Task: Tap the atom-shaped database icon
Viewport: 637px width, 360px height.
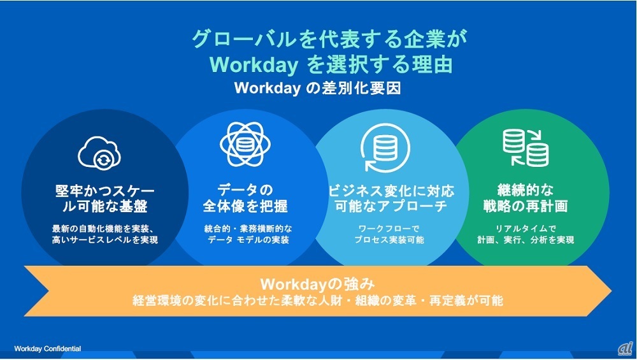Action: pos(245,144)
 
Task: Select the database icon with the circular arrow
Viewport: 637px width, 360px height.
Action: pos(385,147)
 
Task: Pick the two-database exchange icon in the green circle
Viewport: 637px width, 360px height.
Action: pos(526,147)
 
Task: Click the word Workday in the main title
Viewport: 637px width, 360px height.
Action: pos(254,65)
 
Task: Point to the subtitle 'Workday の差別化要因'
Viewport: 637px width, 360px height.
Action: pos(317,88)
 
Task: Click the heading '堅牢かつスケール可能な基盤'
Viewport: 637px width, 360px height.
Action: pos(105,199)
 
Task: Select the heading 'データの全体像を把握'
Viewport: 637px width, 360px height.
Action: pos(245,198)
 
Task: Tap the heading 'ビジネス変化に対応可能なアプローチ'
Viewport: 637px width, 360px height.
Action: pos(391,198)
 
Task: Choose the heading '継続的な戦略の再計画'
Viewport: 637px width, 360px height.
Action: pos(526,198)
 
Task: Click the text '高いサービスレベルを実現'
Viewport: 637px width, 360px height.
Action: pos(105,240)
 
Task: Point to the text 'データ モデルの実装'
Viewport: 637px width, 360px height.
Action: pos(248,240)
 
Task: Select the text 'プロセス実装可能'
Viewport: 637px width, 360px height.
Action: pos(389,240)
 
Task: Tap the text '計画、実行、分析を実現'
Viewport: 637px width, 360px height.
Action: pos(526,240)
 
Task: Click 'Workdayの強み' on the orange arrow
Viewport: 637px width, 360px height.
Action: pos(317,284)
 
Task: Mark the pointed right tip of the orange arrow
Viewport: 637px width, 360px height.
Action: pos(612,291)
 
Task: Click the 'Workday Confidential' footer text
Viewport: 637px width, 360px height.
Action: pos(48,349)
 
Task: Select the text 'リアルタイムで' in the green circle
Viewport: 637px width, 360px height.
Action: pos(526,229)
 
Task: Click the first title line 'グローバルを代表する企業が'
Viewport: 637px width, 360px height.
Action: pos(330,40)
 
